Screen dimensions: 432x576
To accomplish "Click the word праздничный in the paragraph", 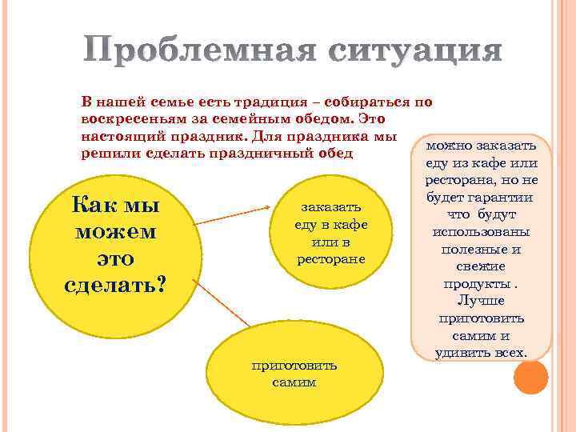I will click(261, 151).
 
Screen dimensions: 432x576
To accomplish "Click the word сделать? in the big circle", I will click(116, 286).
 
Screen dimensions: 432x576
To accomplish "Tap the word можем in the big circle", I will click(116, 233).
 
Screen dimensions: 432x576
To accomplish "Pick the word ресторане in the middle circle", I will click(330, 258).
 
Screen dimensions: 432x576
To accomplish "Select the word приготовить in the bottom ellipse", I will click(294, 366).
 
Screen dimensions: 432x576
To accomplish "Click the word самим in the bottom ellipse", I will click(294, 382).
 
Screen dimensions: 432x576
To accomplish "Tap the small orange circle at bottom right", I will click(530, 377).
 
